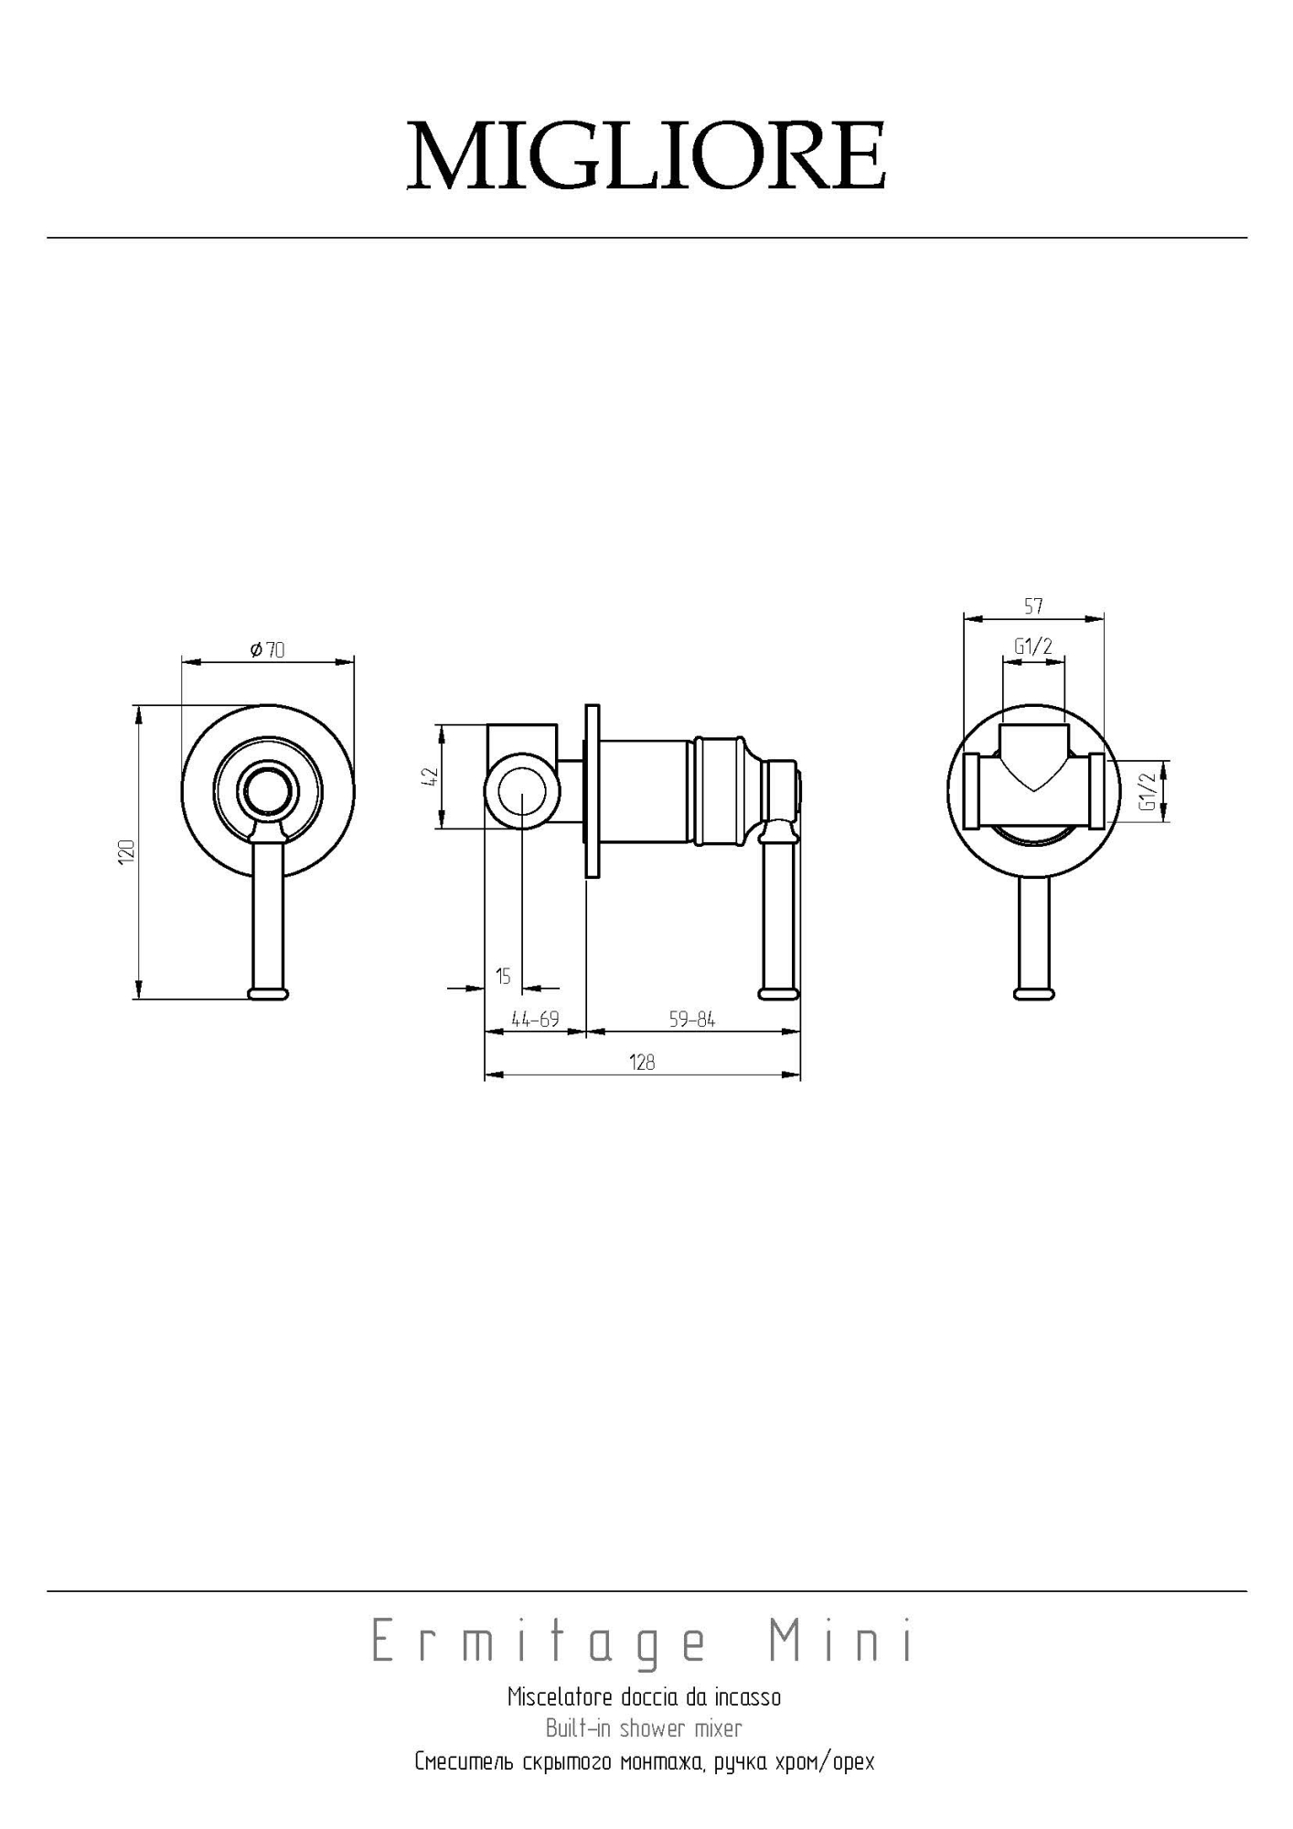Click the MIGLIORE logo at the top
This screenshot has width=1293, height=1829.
pos(646,155)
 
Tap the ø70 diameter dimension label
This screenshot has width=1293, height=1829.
pos(267,649)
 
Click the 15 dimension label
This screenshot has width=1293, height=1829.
pos(503,976)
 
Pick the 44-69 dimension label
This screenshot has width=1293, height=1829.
pos(535,1019)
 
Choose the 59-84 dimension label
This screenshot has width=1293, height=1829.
pos(692,1019)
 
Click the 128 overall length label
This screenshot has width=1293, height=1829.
pos(642,1062)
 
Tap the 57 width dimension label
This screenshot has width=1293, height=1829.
pos(1033,605)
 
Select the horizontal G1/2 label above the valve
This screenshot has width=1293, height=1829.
pos(1033,647)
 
